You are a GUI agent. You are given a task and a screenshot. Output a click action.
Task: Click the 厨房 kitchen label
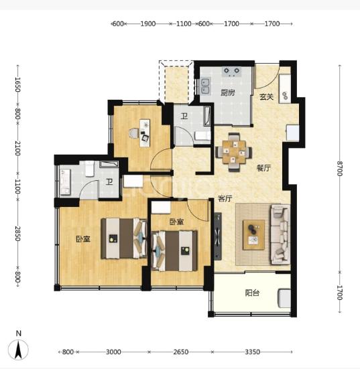227,92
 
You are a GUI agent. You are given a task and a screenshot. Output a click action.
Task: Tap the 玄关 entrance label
266,96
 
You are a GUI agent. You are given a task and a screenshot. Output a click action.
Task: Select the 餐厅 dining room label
263,168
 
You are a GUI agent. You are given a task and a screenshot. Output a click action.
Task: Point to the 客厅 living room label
225,199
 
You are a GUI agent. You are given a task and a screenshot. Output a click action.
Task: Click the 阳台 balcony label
252,293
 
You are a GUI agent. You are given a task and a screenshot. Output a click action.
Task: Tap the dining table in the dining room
234,152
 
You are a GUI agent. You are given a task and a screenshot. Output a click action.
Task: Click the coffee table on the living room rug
254,234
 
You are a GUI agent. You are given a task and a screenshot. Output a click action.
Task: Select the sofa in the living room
280,234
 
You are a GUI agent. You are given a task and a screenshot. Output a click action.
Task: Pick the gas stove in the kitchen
231,72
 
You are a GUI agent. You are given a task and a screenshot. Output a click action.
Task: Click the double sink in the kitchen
205,86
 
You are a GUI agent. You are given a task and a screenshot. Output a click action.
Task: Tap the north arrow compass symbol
18,350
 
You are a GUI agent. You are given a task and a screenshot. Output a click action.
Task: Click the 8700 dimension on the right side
339,169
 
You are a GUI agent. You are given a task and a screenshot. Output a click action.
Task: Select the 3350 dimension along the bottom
252,352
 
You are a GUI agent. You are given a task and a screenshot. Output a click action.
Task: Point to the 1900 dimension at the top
148,23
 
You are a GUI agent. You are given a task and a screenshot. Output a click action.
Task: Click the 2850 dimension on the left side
17,234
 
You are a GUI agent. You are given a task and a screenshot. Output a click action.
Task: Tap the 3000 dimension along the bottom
113,352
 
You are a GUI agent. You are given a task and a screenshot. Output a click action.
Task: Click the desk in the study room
145,133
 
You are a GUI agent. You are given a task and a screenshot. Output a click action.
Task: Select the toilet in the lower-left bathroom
90,168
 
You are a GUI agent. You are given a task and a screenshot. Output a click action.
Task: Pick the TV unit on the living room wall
218,236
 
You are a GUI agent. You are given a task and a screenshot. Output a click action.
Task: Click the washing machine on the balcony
284,298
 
